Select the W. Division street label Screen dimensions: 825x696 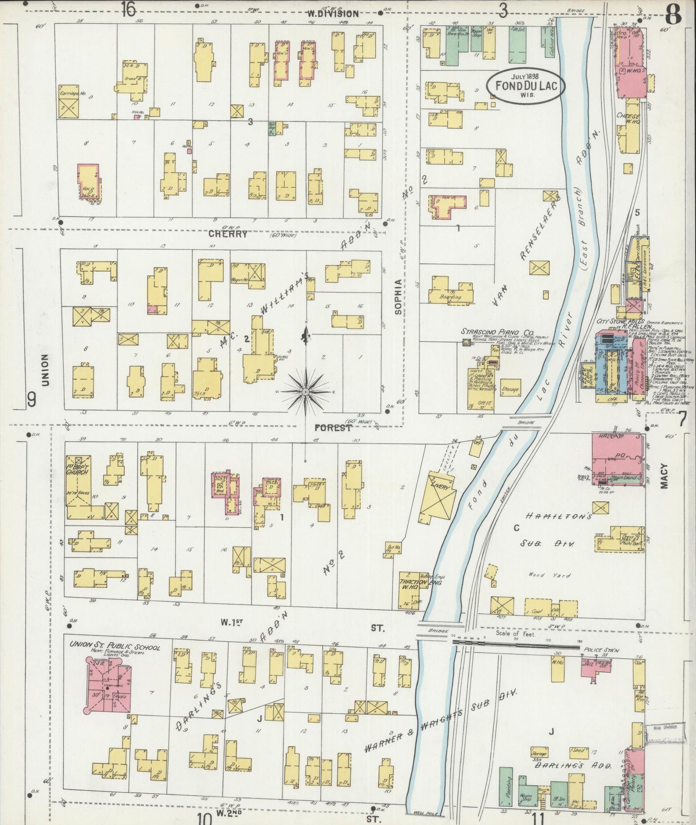coord(334,14)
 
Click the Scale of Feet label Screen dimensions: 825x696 coord(513,634)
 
